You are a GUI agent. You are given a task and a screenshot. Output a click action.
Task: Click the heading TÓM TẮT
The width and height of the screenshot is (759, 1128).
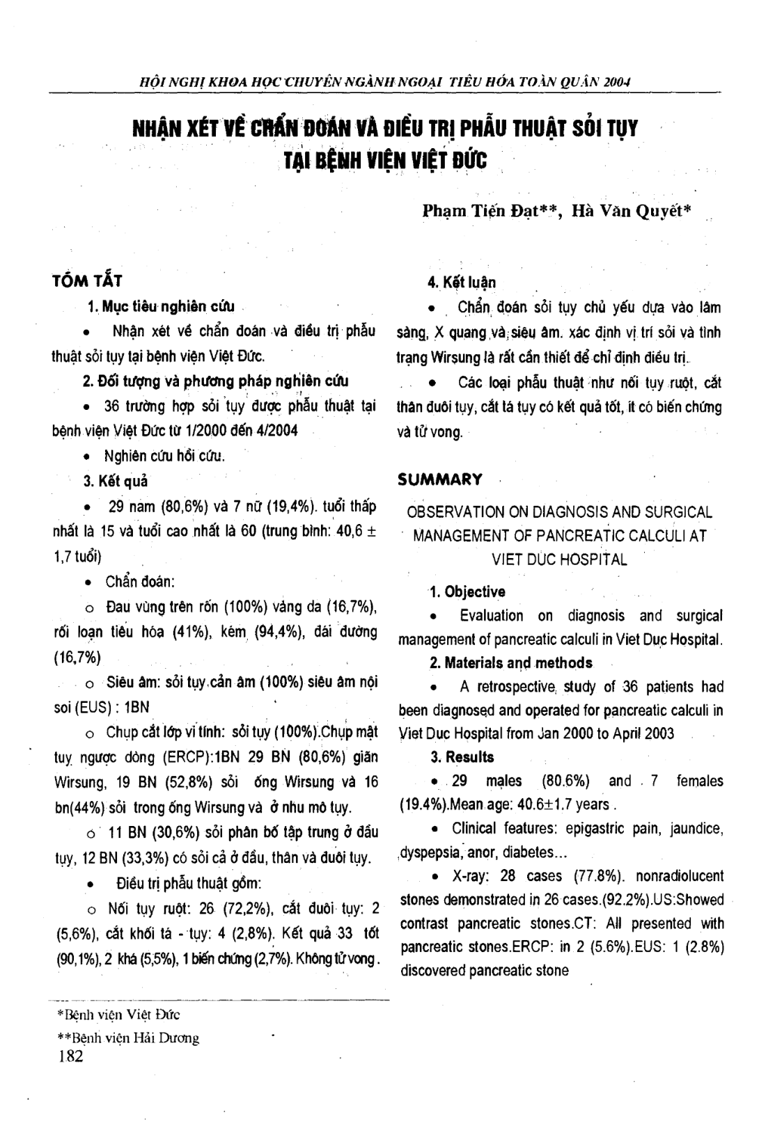[x=87, y=281]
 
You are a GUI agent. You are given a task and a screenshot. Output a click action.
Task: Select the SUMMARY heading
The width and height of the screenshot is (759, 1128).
[x=439, y=479]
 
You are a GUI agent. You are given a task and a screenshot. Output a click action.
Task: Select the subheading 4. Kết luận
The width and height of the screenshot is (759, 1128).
[x=461, y=283]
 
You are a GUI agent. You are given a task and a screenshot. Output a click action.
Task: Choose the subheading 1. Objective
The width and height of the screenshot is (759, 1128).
[x=467, y=591]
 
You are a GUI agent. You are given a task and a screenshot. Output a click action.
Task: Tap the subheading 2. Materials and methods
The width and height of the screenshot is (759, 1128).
[x=511, y=662]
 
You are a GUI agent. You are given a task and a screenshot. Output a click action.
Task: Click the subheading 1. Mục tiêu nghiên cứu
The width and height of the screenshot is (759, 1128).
[x=161, y=306]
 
